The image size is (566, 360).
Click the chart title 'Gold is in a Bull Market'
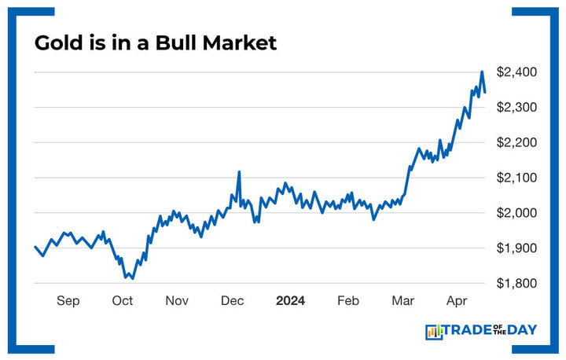(156, 43)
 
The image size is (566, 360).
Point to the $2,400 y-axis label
(516, 72)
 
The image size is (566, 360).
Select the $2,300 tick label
(516, 108)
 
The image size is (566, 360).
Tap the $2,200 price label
(516, 143)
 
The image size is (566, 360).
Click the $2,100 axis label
(516, 178)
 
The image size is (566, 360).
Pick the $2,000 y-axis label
(516, 214)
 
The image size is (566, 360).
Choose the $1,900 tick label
(516, 249)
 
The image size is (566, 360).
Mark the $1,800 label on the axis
(516, 284)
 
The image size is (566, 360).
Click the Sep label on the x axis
(68, 301)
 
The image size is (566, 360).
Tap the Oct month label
(122, 301)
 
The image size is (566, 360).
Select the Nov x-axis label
(177, 301)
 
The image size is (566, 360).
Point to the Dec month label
(232, 301)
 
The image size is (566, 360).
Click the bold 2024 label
(290, 301)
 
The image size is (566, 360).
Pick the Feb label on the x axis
(348, 301)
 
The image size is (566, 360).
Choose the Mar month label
(403, 301)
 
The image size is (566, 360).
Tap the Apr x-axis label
(458, 301)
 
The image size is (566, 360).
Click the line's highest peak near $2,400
(482, 72)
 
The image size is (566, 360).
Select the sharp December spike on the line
(238, 171)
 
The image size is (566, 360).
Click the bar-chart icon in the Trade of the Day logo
(434, 332)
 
